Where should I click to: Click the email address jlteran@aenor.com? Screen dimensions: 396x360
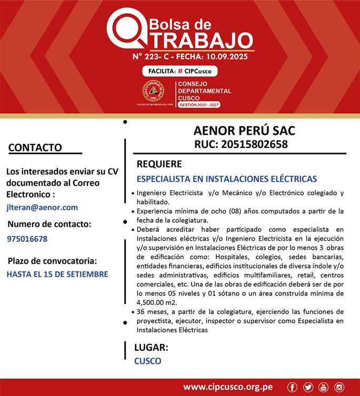click(x=42, y=207)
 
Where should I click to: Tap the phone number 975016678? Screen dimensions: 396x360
click(x=27, y=239)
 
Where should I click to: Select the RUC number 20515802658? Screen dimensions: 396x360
click(x=241, y=144)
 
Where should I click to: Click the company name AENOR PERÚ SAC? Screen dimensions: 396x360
click(x=244, y=130)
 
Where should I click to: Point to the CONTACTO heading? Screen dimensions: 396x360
click(x=35, y=147)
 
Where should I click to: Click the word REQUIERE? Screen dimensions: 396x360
click(x=159, y=164)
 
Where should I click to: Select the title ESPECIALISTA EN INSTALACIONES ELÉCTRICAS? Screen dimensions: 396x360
click(x=226, y=179)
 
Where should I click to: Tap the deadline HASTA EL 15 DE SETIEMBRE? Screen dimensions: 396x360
click(x=57, y=274)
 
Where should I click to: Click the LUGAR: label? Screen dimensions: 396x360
click(x=151, y=348)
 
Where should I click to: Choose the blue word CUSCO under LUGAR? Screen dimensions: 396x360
click(x=148, y=361)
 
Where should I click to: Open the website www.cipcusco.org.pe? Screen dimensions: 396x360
click(x=228, y=387)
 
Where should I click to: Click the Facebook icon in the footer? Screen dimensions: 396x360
click(x=293, y=387)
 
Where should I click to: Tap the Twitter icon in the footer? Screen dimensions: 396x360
click(x=308, y=387)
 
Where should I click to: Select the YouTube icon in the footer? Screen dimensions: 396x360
click(x=324, y=387)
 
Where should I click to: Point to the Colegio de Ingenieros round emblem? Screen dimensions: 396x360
click(x=153, y=91)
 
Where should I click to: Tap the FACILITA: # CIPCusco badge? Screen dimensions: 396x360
click(x=179, y=71)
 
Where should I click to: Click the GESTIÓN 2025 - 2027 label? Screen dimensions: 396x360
click(x=199, y=105)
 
